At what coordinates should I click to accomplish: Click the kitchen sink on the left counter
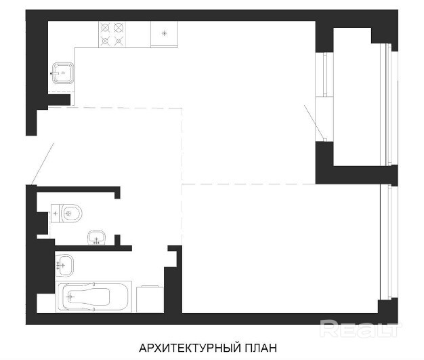point(63,73)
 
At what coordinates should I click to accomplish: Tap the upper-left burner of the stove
point(105,28)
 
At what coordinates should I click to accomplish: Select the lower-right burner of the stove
point(118,41)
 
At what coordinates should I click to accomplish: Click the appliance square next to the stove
point(164,34)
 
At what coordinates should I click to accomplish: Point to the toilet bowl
point(72,214)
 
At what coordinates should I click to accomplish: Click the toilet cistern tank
point(56,214)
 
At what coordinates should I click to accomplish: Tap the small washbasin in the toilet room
point(97,238)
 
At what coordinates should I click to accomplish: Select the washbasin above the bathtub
point(64,266)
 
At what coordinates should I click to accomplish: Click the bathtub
point(93,297)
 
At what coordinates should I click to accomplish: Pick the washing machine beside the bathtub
point(150,299)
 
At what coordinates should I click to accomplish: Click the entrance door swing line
point(42,164)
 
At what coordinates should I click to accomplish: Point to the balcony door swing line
point(314,123)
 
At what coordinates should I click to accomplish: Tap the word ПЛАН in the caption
point(261,348)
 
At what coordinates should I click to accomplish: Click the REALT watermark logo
point(360,329)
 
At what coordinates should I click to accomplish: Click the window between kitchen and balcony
point(324,74)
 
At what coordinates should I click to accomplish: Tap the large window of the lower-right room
point(385,242)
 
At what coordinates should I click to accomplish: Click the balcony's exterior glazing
point(386,104)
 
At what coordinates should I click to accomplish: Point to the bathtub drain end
point(70,297)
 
